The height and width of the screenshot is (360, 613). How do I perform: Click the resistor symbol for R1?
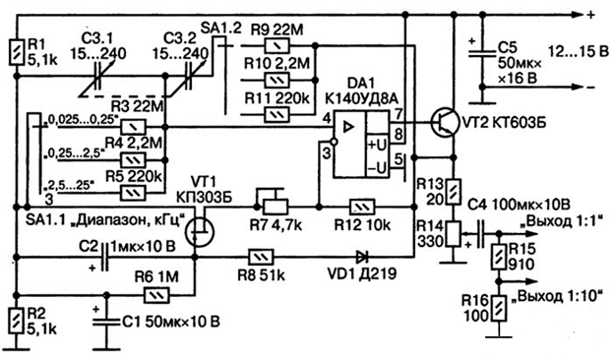pyautogui.click(x=17, y=52)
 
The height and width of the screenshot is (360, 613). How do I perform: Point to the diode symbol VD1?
pyautogui.click(x=362, y=257)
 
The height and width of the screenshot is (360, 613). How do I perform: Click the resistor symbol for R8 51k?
pyautogui.click(x=261, y=257)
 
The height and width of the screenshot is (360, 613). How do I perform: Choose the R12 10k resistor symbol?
pyautogui.click(x=362, y=207)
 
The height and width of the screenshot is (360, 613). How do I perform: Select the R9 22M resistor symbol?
pyautogui.click(x=277, y=46)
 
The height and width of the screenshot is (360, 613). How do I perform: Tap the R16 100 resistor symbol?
pyautogui.click(x=499, y=309)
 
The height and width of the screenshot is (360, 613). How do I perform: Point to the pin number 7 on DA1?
pyautogui.click(x=398, y=114)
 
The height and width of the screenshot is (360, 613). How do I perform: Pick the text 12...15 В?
pyautogui.click(x=578, y=51)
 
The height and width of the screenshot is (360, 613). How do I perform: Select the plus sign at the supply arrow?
pyautogui.click(x=591, y=15)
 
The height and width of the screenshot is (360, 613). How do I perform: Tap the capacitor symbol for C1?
pyautogui.click(x=105, y=322)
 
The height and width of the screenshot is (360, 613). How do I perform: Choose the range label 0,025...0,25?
pyautogui.click(x=83, y=120)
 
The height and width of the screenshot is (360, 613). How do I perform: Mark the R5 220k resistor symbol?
pyautogui.click(x=133, y=193)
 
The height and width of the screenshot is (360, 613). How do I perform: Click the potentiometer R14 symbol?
pyautogui.click(x=454, y=234)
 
